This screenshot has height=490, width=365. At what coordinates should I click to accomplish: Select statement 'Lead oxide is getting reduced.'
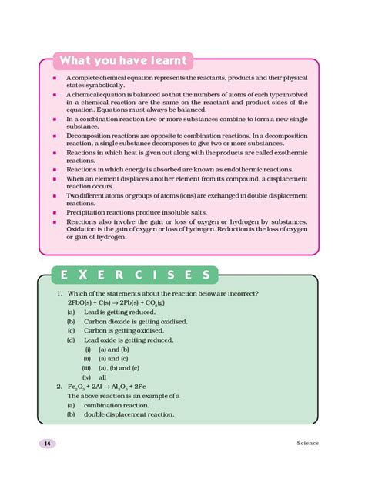128,340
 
